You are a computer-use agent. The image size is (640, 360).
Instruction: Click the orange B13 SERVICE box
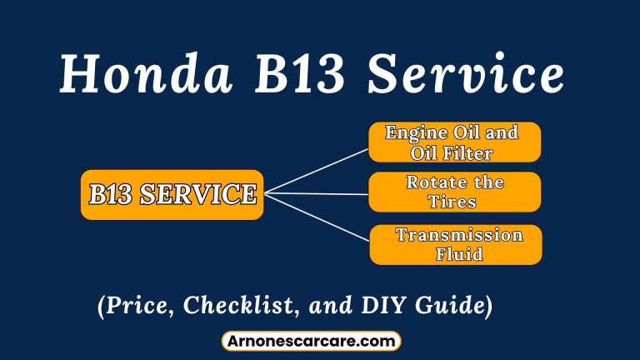[x=172, y=195]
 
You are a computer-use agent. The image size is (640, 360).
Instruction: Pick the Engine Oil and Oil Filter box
[x=454, y=142]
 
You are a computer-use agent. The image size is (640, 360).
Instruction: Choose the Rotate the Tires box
[x=454, y=192]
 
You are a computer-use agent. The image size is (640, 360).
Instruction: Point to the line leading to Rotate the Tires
[x=317, y=194]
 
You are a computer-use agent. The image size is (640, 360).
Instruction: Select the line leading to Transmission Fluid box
[x=317, y=218]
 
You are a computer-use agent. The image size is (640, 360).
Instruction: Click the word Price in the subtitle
[x=136, y=306]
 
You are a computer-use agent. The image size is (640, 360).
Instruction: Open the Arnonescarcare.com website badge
[x=311, y=341]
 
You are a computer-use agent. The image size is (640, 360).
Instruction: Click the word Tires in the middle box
[x=454, y=202]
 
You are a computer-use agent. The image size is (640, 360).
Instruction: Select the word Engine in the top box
[x=416, y=132]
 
